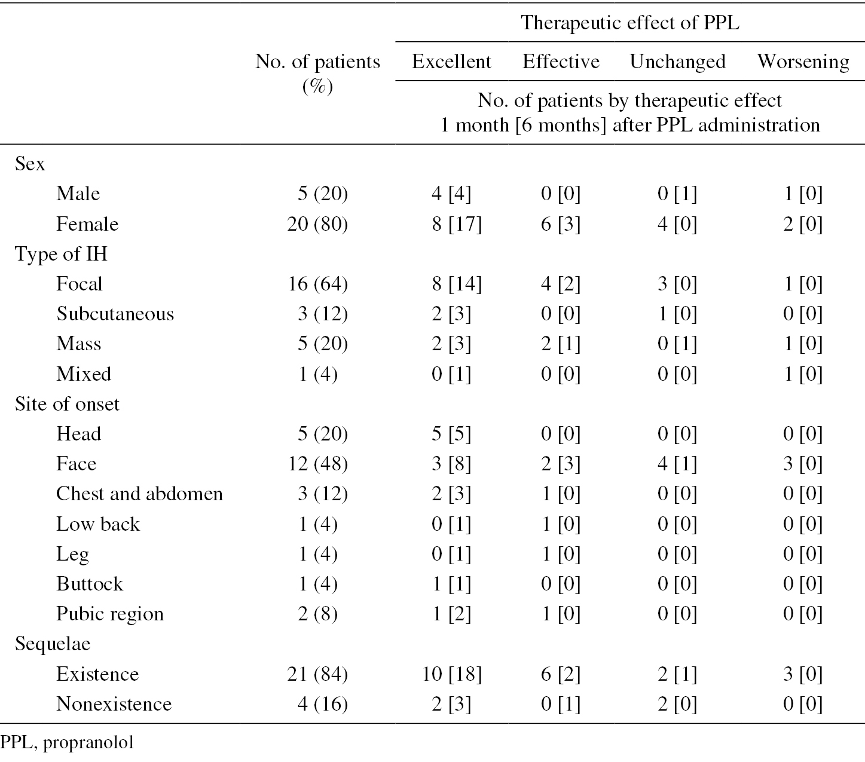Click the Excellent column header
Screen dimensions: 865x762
[451, 62]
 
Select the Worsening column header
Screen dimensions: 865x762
[803, 62]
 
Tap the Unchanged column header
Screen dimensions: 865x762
[677, 62]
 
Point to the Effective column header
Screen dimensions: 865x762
[561, 62]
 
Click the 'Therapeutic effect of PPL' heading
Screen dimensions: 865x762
[629, 23]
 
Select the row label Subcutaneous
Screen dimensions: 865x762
[115, 314]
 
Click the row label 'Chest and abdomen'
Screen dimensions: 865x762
[140, 494]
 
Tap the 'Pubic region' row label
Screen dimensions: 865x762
[110, 614]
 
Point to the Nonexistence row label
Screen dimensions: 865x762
[114, 704]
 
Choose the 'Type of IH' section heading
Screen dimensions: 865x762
[61, 254]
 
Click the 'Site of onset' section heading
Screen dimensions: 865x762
[67, 404]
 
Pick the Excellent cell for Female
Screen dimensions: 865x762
[456, 224]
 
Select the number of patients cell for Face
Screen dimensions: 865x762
[318, 464]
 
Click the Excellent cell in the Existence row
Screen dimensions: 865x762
[452, 674]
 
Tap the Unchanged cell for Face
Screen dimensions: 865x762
[677, 464]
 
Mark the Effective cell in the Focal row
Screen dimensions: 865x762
[561, 284]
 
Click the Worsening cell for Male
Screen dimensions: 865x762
[803, 194]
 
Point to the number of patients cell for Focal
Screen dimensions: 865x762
[318, 284]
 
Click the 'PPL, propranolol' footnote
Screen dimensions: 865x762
[67, 743]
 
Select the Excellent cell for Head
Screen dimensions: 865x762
[451, 434]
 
